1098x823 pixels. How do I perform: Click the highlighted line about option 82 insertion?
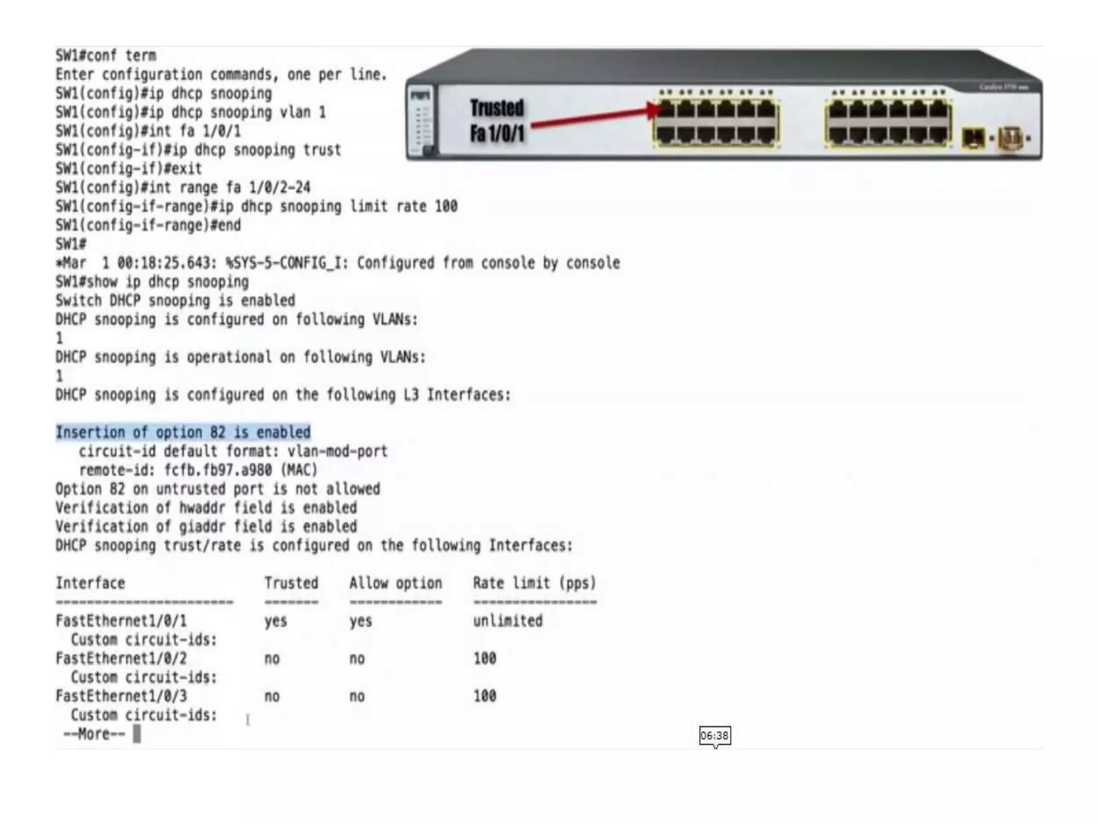tap(183, 432)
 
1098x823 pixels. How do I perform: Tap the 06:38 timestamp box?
tap(715, 736)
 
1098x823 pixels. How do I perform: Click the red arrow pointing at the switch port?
tap(595, 117)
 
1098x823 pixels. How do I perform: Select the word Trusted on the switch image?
tap(496, 108)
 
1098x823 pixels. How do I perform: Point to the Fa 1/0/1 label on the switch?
tap(496, 133)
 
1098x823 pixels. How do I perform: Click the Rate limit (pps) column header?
tap(534, 583)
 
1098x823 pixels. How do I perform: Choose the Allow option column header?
tap(396, 583)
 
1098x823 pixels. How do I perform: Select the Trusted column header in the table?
tap(291, 583)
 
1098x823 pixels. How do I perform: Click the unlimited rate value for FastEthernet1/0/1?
tap(507, 621)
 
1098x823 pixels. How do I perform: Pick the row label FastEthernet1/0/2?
tap(121, 659)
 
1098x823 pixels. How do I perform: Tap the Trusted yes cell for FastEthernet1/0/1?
tap(276, 621)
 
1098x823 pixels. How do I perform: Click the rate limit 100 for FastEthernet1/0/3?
tap(485, 696)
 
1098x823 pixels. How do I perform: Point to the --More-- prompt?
tap(94, 734)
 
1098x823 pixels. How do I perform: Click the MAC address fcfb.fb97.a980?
tap(218, 470)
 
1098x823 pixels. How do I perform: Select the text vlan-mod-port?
tap(337, 452)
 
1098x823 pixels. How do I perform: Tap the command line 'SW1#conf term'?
tap(106, 56)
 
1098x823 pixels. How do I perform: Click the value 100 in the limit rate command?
tap(446, 206)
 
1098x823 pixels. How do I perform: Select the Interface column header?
tap(90, 583)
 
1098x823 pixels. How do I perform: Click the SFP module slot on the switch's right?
tap(973, 138)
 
